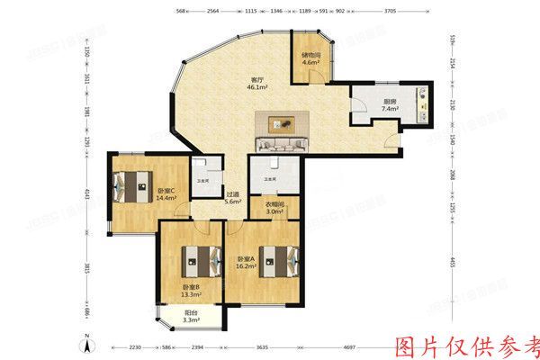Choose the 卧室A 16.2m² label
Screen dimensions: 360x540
click(x=245, y=261)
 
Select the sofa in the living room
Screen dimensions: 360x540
click(x=283, y=144)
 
